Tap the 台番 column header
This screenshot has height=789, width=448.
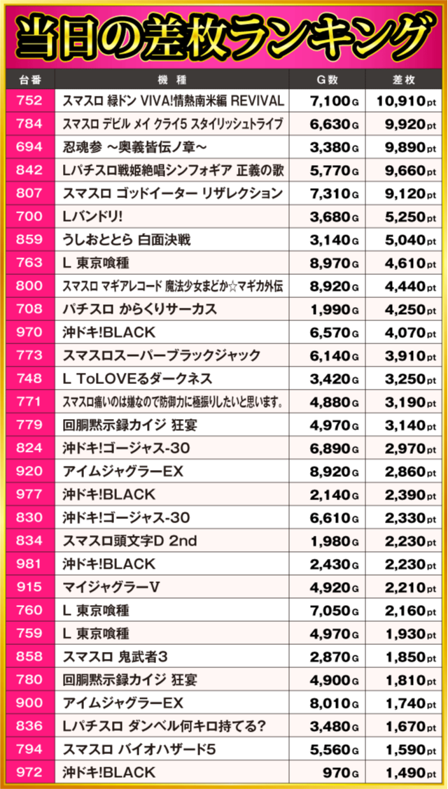(x=29, y=79)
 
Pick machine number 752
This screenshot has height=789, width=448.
(x=29, y=101)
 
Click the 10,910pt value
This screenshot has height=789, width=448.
(x=405, y=101)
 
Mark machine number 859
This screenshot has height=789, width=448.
(x=29, y=239)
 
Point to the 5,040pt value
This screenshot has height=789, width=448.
(x=405, y=239)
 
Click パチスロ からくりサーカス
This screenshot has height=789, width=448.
(x=139, y=309)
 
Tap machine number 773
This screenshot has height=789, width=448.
(x=29, y=355)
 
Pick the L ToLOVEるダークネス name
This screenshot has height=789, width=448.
(x=137, y=378)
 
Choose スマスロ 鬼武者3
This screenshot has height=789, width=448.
(x=115, y=656)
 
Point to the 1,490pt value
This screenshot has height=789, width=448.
(x=405, y=772)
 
